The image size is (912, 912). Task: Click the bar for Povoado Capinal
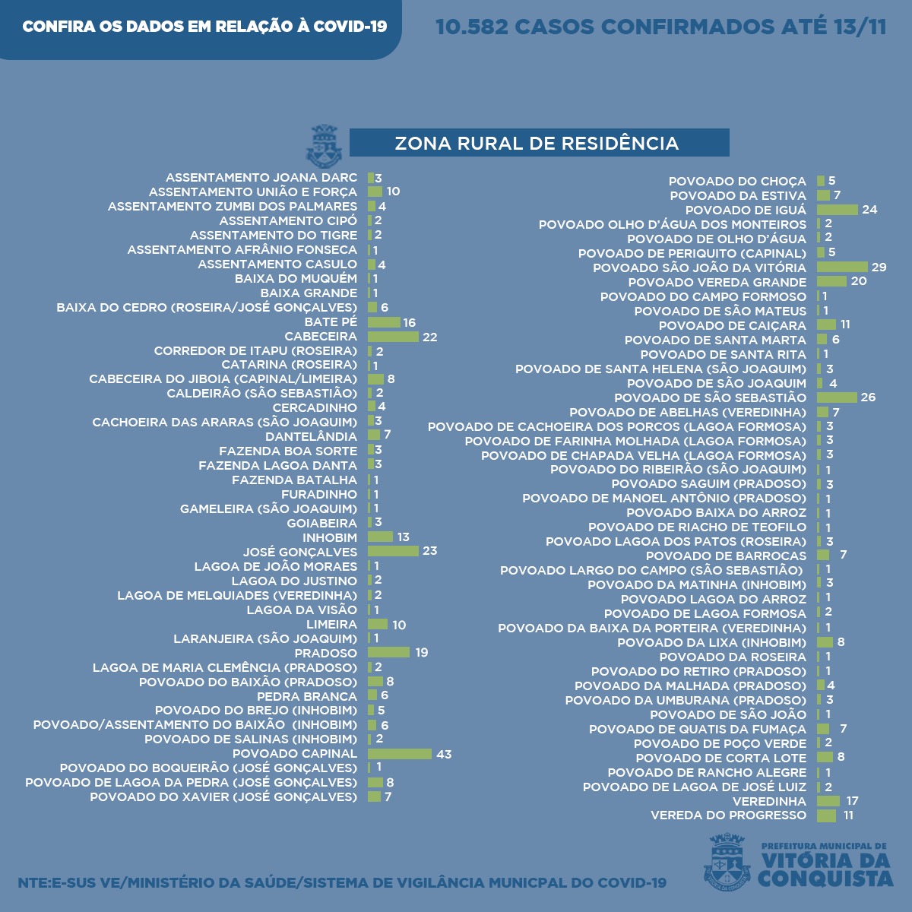pyautogui.click(x=400, y=754)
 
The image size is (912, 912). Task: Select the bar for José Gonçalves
pyautogui.click(x=393, y=551)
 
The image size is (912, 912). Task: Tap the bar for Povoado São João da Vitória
pyautogui.click(x=842, y=267)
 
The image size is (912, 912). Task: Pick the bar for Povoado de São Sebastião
pyautogui.click(x=837, y=397)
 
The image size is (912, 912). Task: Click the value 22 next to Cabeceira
pyautogui.click(x=430, y=337)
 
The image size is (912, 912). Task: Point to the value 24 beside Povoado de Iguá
pyautogui.click(x=869, y=210)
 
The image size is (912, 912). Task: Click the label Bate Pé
pyautogui.click(x=331, y=322)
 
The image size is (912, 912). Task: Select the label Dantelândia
pyautogui.click(x=311, y=436)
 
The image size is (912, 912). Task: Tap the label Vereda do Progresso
pyautogui.click(x=728, y=815)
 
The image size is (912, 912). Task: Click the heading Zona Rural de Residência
pyautogui.click(x=537, y=143)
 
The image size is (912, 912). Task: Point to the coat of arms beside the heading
pyautogui.click(x=324, y=146)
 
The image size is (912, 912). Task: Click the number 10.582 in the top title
pyautogui.click(x=471, y=27)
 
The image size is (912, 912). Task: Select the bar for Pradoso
pyautogui.click(x=388, y=652)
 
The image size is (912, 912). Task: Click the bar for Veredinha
pyautogui.click(x=828, y=801)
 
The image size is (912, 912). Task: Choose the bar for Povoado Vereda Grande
pyautogui.click(x=831, y=281)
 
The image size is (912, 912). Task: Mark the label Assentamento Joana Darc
pyautogui.click(x=261, y=177)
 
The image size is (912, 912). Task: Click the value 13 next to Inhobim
pyautogui.click(x=403, y=537)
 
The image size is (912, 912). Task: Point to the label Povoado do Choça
pyautogui.click(x=737, y=181)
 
